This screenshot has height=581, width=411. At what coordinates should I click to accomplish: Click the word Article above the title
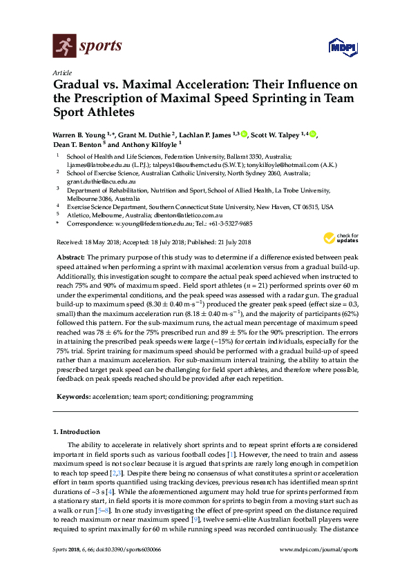coord(62,72)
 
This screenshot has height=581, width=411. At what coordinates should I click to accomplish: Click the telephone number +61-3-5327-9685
coord(229,224)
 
